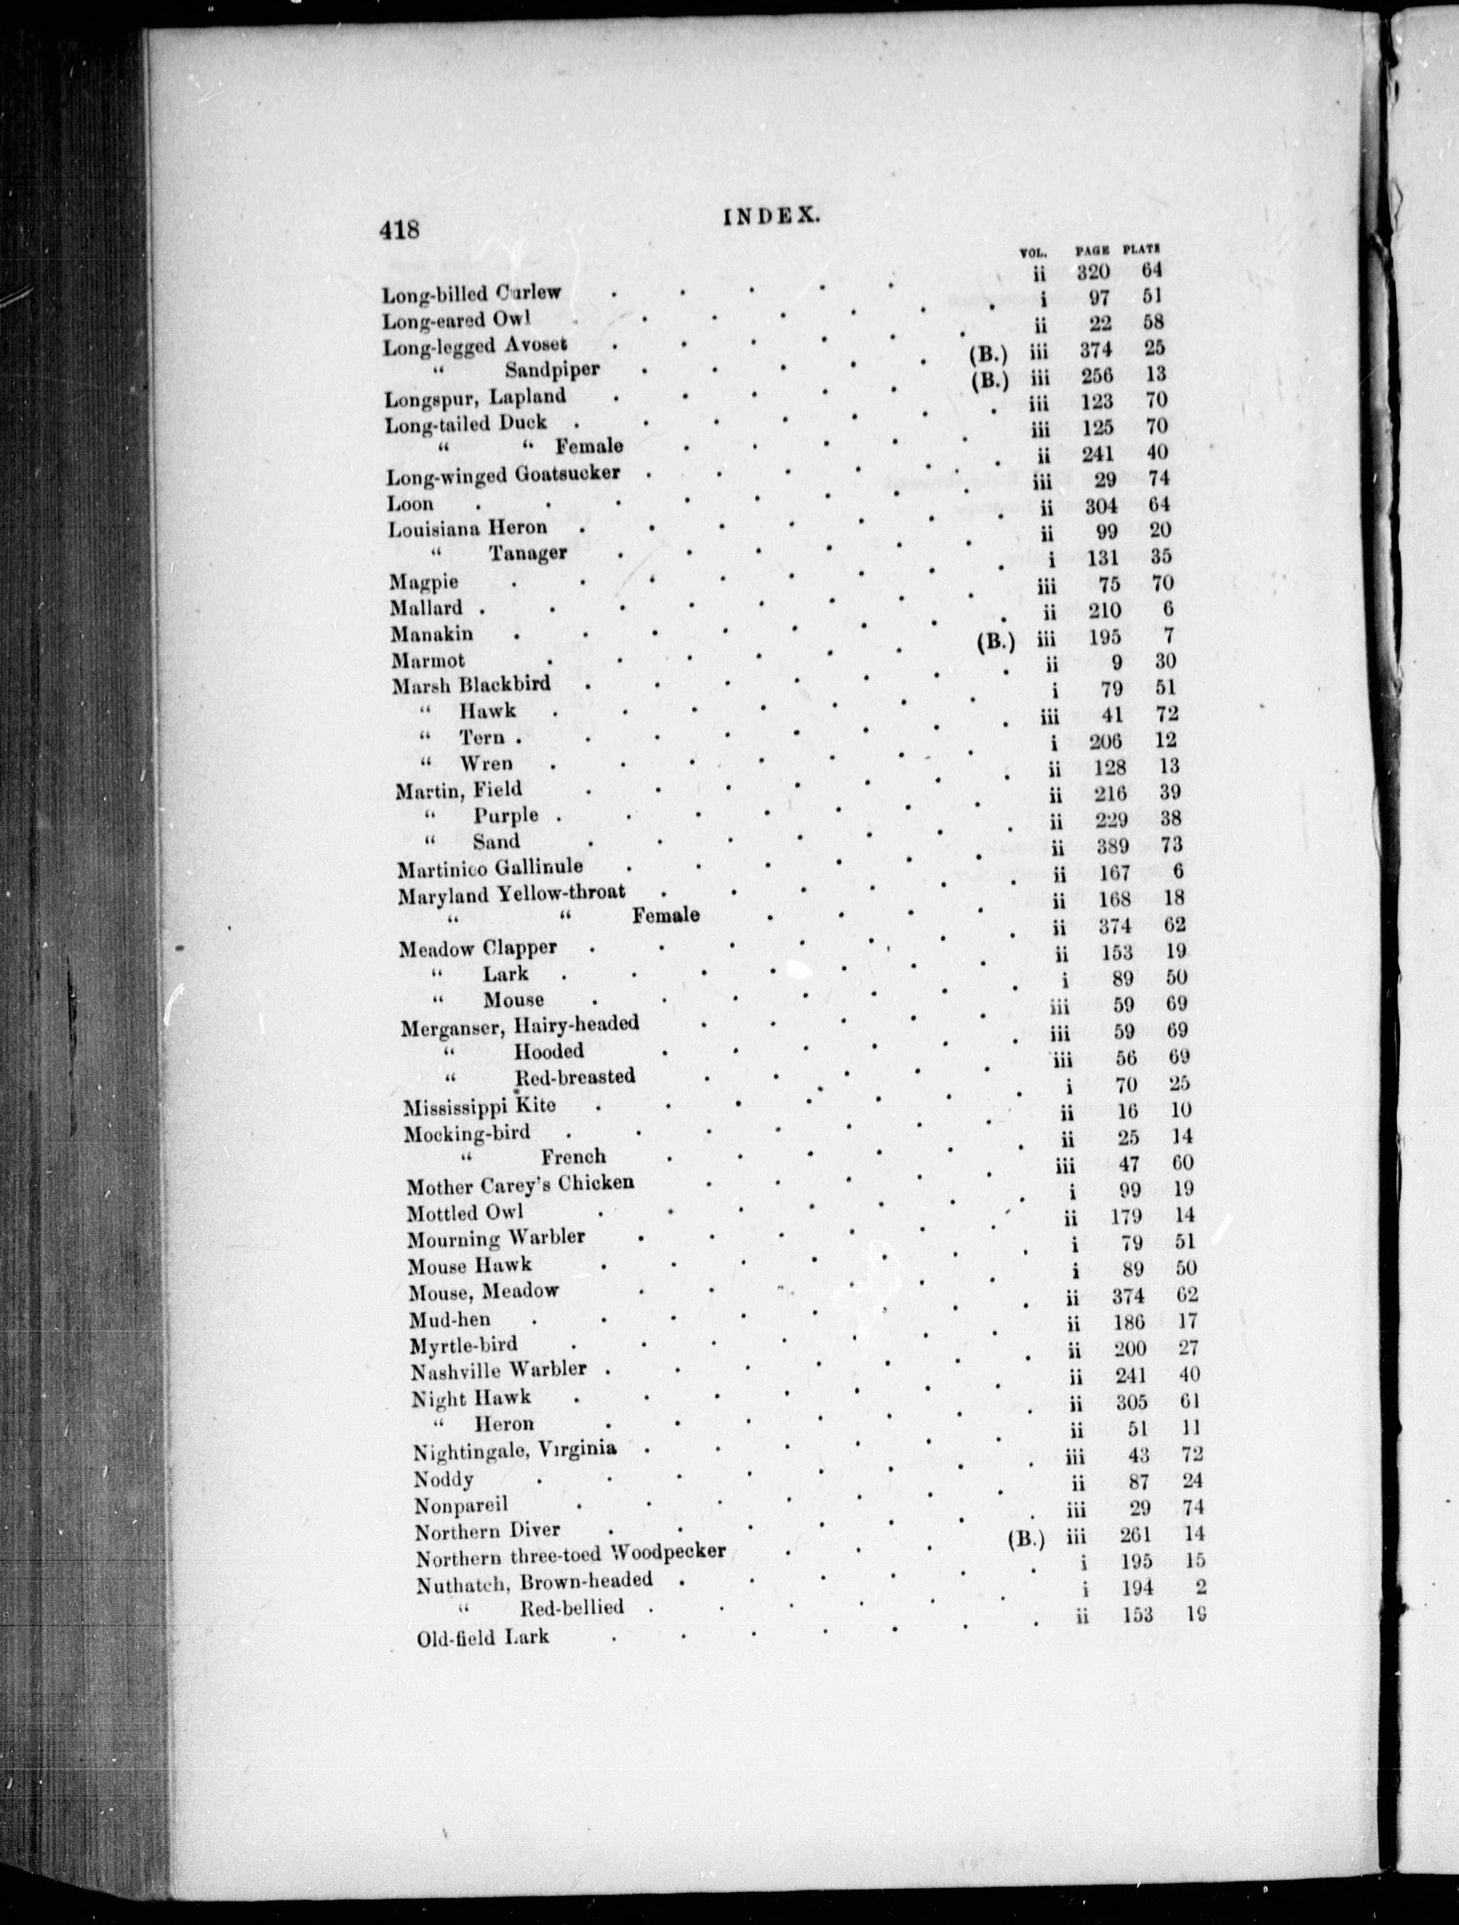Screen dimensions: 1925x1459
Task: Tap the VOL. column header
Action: click(1033, 253)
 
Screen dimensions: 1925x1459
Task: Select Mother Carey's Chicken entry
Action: click(519, 1184)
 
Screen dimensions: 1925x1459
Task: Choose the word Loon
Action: click(410, 504)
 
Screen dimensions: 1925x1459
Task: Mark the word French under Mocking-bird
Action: click(573, 1157)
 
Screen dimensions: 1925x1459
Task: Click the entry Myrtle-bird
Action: click(464, 1345)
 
